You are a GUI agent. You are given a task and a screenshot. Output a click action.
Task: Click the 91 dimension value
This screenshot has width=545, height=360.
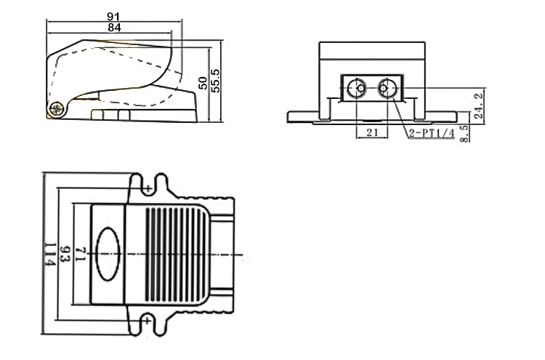click(x=113, y=16)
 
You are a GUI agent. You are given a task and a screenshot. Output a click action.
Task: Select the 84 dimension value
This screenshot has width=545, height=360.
click(x=114, y=28)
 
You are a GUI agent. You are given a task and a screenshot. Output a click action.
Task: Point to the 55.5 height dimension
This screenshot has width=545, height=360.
click(x=216, y=81)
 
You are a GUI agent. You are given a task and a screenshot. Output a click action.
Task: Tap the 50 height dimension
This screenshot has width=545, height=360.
click(x=203, y=83)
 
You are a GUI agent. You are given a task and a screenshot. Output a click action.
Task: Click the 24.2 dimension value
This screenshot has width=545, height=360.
click(x=479, y=105)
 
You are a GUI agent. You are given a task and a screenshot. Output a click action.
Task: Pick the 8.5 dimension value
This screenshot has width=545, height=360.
click(x=464, y=134)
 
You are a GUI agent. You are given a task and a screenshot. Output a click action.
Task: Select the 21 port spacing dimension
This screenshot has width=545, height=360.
click(x=372, y=132)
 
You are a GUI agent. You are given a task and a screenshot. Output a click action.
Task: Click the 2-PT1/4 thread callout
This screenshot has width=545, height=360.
click(x=432, y=133)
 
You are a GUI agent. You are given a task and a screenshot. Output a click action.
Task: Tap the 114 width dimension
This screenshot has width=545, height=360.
click(x=49, y=255)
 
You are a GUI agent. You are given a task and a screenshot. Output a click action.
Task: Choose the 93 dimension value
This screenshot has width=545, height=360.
click(x=65, y=255)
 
